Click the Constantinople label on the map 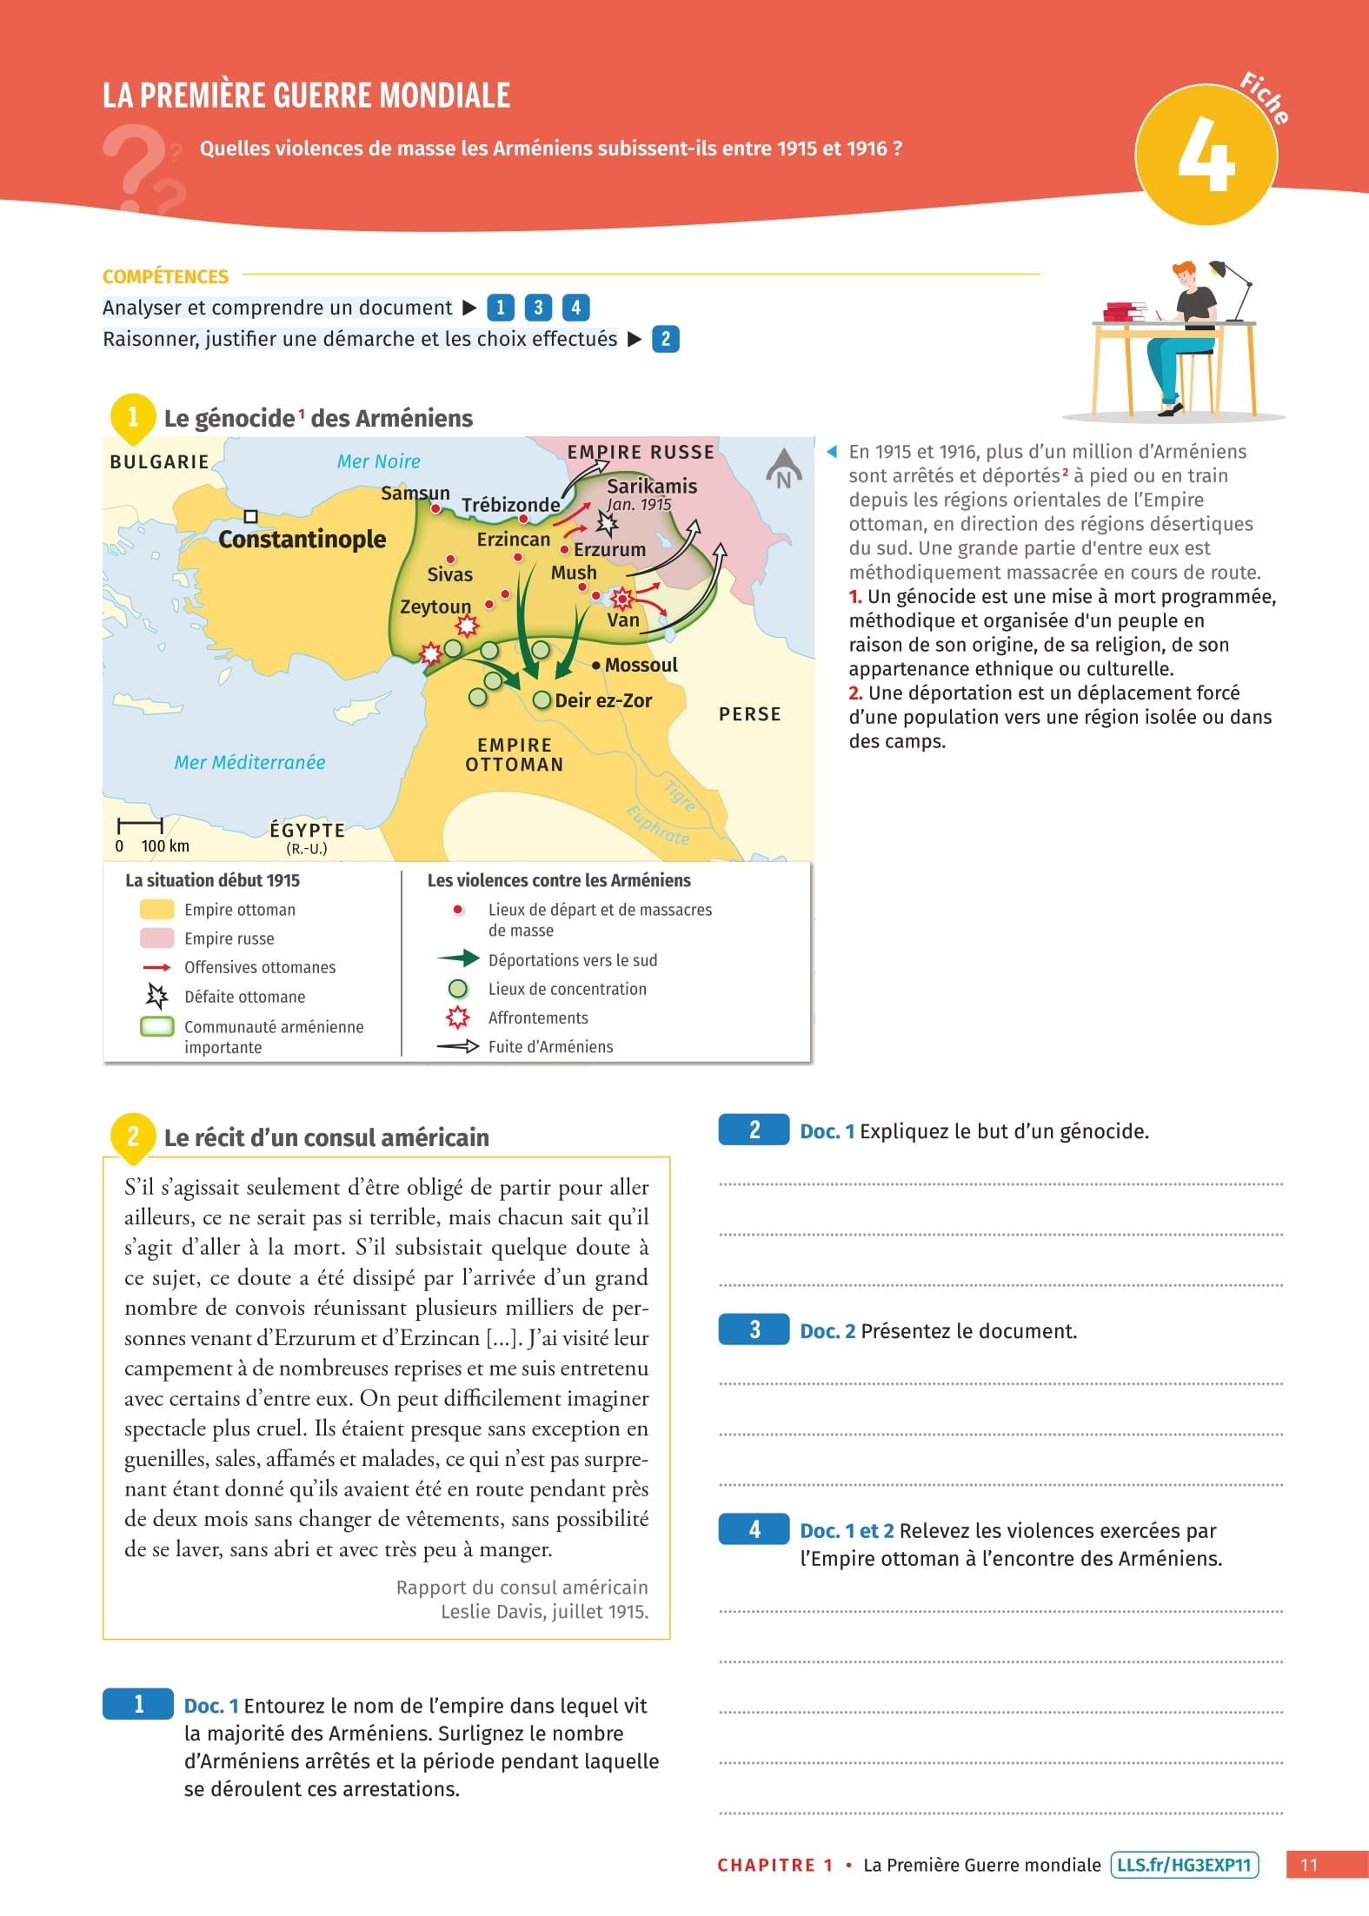pyautogui.click(x=302, y=540)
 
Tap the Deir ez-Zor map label pyautogui.click(x=602, y=700)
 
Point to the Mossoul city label pyautogui.click(x=641, y=665)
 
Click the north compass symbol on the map pyautogui.click(x=783, y=469)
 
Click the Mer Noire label pyautogui.click(x=378, y=461)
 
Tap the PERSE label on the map pyautogui.click(x=749, y=714)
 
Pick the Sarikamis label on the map pyautogui.click(x=652, y=487)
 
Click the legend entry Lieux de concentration pyautogui.click(x=567, y=989)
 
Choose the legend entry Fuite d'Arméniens pyautogui.click(x=550, y=1047)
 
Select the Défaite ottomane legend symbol pyautogui.click(x=157, y=996)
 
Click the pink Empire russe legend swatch pyautogui.click(x=157, y=938)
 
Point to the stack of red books pyautogui.click(x=1127, y=311)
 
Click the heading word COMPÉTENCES pyautogui.click(x=165, y=277)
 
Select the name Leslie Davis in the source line pyautogui.click(x=495, y=1612)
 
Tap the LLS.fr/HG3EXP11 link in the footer pyautogui.click(x=1184, y=1865)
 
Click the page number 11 pyautogui.click(x=1308, y=1865)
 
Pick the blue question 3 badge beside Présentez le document pyautogui.click(x=754, y=1329)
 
